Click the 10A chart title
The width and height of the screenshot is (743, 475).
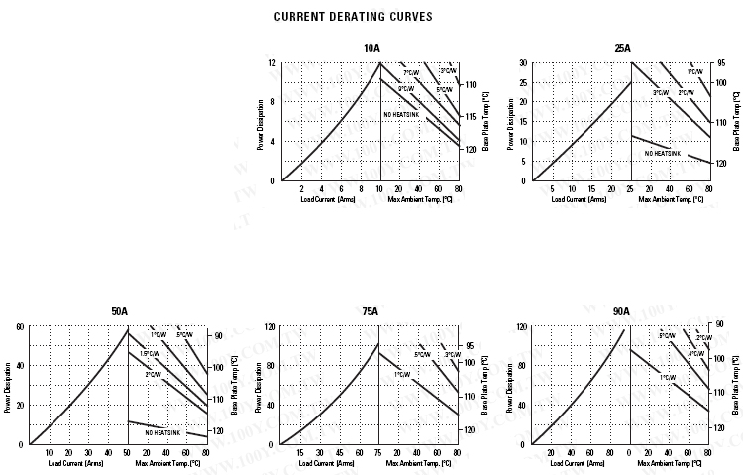[x=371, y=49]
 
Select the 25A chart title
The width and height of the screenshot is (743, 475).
[x=622, y=49]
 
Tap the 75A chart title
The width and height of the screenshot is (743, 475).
[x=371, y=311]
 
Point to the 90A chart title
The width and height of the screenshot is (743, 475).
[x=621, y=311]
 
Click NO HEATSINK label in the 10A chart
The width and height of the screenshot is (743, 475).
[x=401, y=115]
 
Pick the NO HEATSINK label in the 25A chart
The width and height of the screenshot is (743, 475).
[x=663, y=153]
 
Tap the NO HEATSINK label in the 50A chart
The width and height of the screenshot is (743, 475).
[x=162, y=432]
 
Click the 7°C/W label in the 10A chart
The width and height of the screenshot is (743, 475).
[x=410, y=72]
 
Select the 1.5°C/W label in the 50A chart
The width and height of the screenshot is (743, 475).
[x=150, y=354]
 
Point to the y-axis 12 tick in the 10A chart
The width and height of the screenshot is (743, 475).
[x=272, y=63]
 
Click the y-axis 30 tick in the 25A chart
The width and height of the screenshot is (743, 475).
[x=523, y=63]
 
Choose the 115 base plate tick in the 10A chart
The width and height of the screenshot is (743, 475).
[x=471, y=117]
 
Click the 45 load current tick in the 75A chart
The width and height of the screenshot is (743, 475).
[x=339, y=453]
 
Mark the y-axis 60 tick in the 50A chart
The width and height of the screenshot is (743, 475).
[x=20, y=326]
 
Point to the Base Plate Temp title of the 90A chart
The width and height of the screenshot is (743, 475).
[x=736, y=384]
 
